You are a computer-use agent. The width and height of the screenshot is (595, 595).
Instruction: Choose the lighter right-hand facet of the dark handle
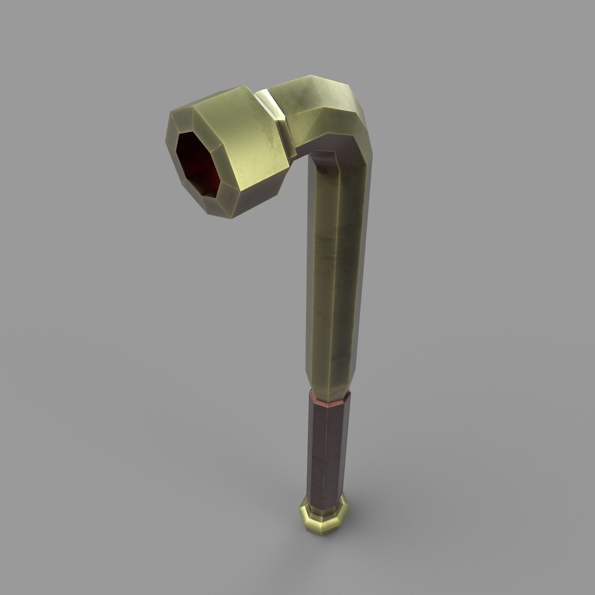click(340, 446)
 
